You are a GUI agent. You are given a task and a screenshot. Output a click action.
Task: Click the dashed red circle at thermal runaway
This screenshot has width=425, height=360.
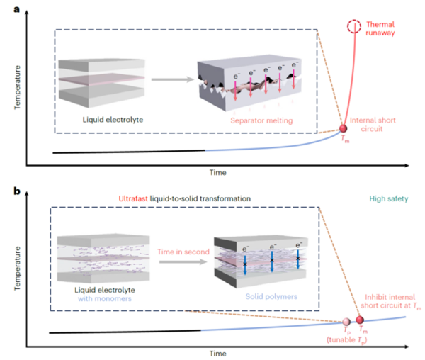353,28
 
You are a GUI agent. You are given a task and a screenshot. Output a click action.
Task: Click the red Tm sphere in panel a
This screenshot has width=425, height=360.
344,129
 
